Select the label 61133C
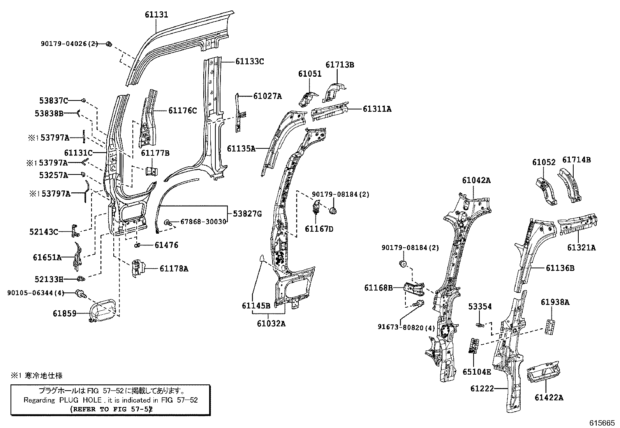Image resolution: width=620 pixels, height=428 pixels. pyautogui.click(x=250, y=61)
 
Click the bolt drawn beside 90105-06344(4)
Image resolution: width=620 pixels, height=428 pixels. pyautogui.click(x=81, y=293)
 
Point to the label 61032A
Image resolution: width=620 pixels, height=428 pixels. pyautogui.click(x=271, y=323)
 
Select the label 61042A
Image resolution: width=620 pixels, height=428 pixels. pyautogui.click(x=476, y=180)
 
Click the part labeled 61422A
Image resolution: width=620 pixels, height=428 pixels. pyautogui.click(x=543, y=373)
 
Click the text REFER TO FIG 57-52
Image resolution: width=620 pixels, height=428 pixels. pyautogui.click(x=111, y=409)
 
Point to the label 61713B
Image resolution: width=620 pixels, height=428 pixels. pyautogui.click(x=340, y=65)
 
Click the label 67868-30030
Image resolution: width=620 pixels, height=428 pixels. pyautogui.click(x=203, y=222)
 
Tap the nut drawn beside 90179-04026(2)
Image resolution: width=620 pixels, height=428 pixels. pyautogui.click(x=109, y=44)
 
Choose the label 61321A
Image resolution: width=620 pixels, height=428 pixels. pyautogui.click(x=581, y=247)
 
